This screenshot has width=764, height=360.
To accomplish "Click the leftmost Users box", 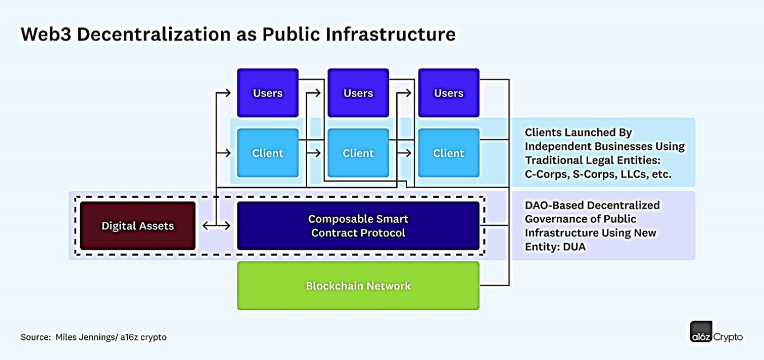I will point(267,93).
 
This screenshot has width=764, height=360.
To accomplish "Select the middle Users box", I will point(358,93).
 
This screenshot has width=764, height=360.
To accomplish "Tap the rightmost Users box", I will point(449,93).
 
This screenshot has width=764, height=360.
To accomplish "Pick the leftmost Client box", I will point(267,153).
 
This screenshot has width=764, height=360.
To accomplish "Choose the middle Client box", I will point(358,153).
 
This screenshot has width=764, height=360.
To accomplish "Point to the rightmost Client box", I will point(449,153).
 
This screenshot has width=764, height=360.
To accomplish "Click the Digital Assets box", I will point(138,226).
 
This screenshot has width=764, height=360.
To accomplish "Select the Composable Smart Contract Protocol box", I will point(358,226).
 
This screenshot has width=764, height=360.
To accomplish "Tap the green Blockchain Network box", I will point(358,286).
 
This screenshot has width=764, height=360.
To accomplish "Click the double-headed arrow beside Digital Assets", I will point(216,225).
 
